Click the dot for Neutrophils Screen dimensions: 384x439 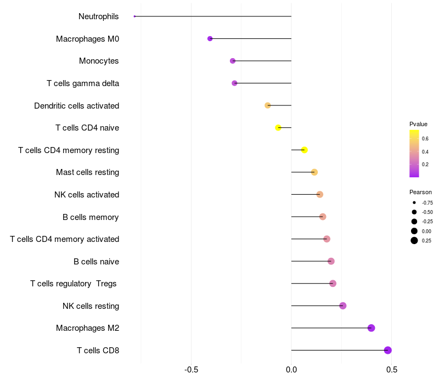(134, 16)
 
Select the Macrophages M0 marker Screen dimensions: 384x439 (210, 38)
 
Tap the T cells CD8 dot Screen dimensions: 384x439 (388, 350)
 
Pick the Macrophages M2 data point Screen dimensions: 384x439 (371, 328)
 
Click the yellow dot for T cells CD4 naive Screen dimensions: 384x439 (278, 128)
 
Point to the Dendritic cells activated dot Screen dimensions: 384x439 (268, 105)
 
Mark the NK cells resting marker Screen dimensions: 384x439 (343, 306)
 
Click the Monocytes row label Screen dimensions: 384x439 (99, 61)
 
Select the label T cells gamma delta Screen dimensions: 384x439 (83, 83)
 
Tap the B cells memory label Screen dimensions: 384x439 (91, 217)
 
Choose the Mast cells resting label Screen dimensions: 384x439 (87, 172)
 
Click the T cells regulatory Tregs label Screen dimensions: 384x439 (74, 284)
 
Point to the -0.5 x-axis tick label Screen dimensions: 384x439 (191, 370)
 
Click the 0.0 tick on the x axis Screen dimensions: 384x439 (291, 370)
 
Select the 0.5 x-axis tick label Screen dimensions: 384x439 (392, 370)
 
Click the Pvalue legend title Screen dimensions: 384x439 (418, 124)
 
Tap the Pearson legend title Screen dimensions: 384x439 (420, 192)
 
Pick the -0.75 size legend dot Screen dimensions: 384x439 (414, 202)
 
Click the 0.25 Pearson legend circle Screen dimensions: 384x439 (414, 240)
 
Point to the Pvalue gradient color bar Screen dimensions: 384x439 (414, 154)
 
